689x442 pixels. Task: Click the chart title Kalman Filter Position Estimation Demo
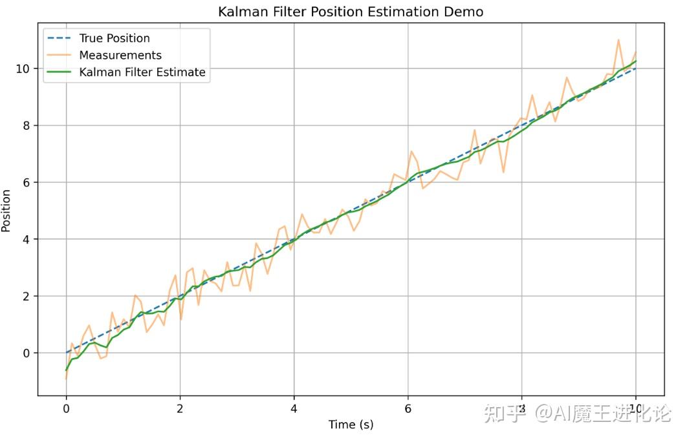350,12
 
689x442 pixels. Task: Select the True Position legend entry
114,38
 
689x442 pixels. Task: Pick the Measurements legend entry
120,55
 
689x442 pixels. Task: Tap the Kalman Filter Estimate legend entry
142,72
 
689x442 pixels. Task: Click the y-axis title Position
6,211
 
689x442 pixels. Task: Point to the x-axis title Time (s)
351,425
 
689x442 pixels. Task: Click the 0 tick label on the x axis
66,408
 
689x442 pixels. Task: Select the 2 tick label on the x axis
180,408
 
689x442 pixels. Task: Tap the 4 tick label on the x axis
294,408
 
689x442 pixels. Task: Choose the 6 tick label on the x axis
408,408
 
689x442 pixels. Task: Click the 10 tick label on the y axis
23,68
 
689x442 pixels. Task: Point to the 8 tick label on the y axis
27,125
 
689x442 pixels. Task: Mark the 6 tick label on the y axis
27,182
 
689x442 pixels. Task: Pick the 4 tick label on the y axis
27,239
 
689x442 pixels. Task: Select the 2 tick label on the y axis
27,296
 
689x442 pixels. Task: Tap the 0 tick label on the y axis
27,353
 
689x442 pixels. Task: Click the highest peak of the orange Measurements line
618,40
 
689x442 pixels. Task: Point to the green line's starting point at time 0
66,370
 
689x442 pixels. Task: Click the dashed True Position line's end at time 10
635,68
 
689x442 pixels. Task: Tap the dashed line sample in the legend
60,38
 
